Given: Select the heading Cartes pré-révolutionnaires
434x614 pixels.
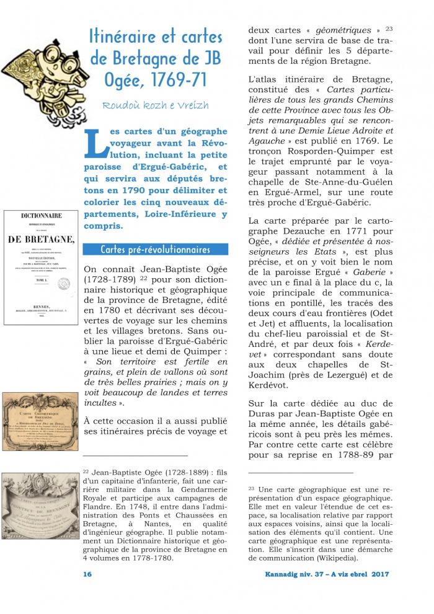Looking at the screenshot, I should click(x=155, y=250).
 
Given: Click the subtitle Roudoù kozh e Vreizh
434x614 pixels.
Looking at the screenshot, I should click(x=156, y=105).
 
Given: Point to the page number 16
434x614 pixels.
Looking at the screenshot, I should click(x=87, y=574).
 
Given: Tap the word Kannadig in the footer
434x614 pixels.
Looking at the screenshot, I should click(x=280, y=574).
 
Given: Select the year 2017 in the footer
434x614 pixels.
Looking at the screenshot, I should click(x=381, y=574).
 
